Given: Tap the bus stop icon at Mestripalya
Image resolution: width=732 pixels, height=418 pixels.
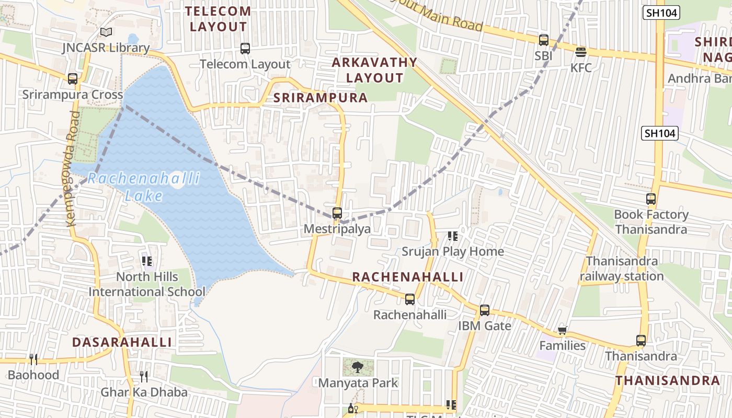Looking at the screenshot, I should pyautogui.click(x=337, y=213).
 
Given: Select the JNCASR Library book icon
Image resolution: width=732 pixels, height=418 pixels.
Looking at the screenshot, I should pyautogui.click(x=106, y=32).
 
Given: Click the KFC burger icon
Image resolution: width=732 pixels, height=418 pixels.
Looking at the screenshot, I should pyautogui.click(x=580, y=52).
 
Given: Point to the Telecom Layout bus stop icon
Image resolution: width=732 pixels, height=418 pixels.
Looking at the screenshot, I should pyautogui.click(x=245, y=49).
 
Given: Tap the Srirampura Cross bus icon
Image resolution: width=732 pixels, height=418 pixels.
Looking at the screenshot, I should pyautogui.click(x=73, y=79).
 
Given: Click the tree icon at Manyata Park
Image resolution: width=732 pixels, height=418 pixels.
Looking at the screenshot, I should pyautogui.click(x=358, y=367).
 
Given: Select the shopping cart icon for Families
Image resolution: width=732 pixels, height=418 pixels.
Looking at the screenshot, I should pyautogui.click(x=563, y=330).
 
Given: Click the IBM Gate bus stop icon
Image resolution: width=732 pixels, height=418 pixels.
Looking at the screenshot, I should pyautogui.click(x=485, y=310).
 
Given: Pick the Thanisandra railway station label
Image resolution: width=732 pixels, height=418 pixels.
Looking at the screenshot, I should pyautogui.click(x=622, y=269).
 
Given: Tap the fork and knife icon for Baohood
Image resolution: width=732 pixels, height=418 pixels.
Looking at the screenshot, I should pyautogui.click(x=33, y=359).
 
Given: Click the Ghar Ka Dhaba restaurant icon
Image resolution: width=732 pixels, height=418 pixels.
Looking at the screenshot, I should pyautogui.click(x=144, y=377).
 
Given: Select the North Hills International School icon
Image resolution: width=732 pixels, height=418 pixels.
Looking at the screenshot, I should pyautogui.click(x=147, y=261).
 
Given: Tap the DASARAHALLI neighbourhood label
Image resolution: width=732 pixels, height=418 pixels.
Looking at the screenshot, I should pyautogui.click(x=122, y=342).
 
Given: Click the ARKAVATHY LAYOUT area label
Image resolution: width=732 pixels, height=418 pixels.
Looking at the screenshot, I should pyautogui.click(x=375, y=70).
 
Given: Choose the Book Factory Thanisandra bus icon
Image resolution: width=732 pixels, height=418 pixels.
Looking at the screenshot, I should pyautogui.click(x=651, y=199).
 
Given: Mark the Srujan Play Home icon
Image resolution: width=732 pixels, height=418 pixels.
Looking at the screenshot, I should pyautogui.click(x=453, y=236).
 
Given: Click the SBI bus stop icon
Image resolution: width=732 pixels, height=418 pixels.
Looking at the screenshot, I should pyautogui.click(x=544, y=40).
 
